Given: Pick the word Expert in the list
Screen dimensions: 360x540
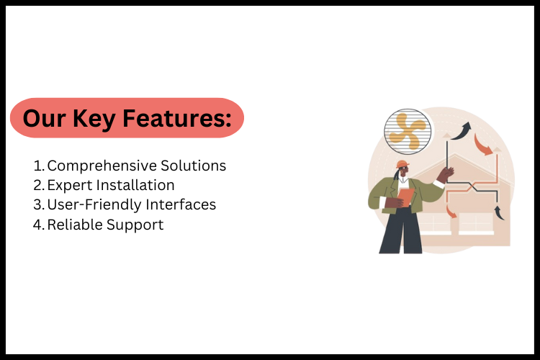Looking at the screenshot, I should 68,186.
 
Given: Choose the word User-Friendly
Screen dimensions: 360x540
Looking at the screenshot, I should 91,205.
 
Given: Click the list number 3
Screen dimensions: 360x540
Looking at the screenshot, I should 39,205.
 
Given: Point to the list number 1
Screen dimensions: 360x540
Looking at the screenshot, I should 39,166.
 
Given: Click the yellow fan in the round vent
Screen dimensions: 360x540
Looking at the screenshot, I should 408,130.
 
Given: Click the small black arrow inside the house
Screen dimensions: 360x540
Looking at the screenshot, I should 498,212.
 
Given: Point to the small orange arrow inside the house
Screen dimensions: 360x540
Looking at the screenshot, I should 451,210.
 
